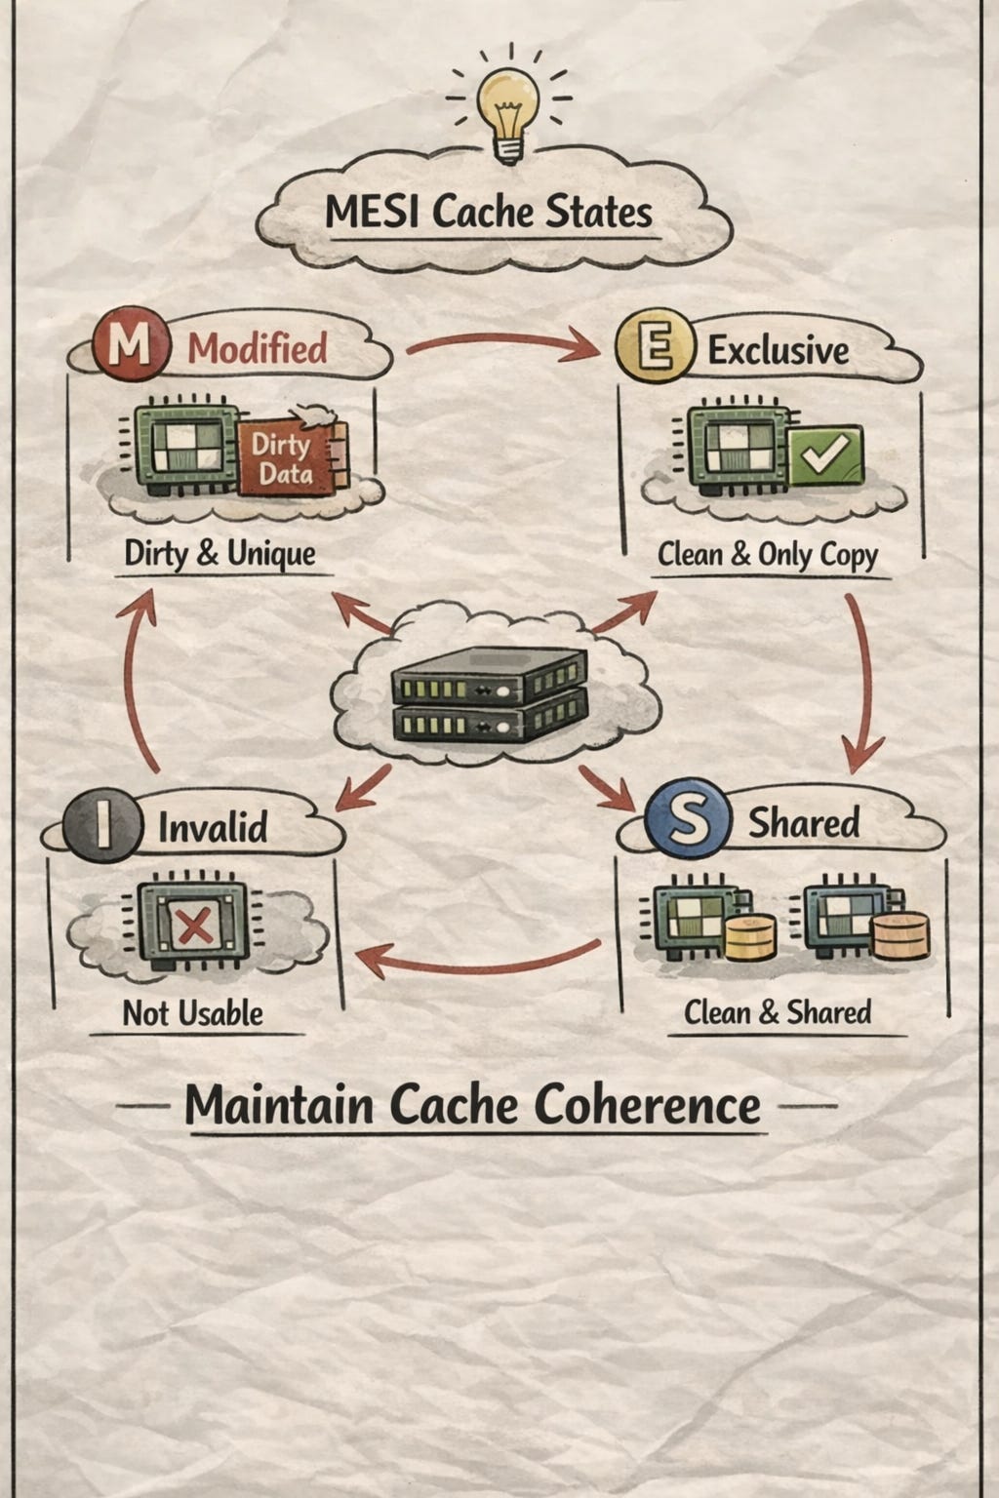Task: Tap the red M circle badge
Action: click(129, 346)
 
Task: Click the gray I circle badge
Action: click(101, 825)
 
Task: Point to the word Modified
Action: click(258, 348)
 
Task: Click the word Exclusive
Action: click(778, 350)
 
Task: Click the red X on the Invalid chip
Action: click(193, 923)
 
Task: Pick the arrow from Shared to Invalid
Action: click(478, 961)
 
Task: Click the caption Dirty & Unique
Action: click(220, 554)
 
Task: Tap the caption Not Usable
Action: click(192, 1013)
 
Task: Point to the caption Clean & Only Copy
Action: click(768, 555)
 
